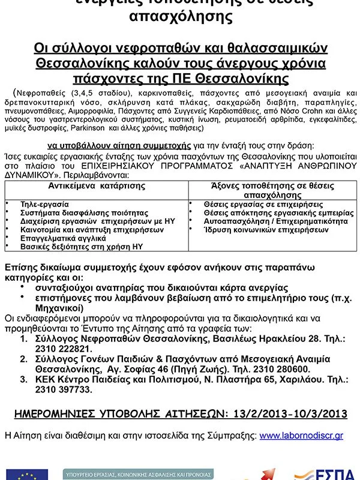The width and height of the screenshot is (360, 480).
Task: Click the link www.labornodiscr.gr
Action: pos(301,435)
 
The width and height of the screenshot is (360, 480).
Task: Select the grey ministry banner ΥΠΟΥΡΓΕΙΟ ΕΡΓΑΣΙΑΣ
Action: pos(137,474)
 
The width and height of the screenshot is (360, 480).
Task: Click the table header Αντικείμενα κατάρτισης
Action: pos(97,186)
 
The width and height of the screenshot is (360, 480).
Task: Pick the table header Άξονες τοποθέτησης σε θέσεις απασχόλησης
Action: pos(272,191)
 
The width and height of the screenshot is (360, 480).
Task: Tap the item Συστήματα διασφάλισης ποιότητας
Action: pos(84,212)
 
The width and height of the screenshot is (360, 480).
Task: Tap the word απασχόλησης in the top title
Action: pos(181,16)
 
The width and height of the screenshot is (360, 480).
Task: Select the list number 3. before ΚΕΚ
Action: pos(23,379)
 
